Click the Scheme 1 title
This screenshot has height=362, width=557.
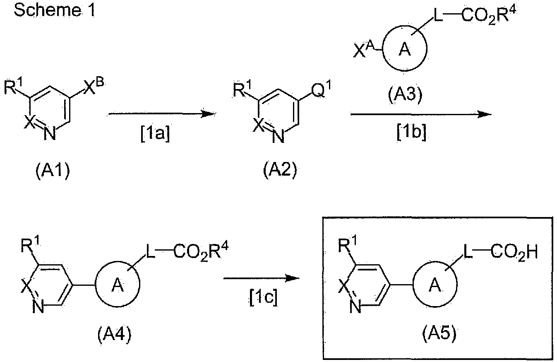point(55,10)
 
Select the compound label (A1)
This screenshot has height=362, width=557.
point(53,171)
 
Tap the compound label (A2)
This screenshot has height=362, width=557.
point(280,170)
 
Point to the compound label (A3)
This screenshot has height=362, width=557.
point(405,95)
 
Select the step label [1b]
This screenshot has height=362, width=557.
point(411,133)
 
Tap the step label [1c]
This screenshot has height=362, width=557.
point(264,297)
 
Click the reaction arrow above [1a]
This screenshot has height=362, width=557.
point(162,114)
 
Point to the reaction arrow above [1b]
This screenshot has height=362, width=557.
point(421,114)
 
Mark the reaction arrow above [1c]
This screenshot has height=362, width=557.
point(262,278)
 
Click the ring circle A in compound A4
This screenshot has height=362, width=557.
point(118,284)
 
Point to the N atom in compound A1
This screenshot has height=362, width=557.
point(50,134)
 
